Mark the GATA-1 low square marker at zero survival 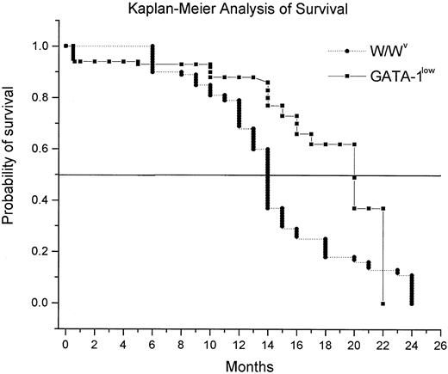click(383, 303)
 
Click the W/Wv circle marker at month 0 click(66, 46)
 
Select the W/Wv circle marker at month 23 click(397, 271)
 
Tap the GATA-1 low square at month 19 click(339, 144)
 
